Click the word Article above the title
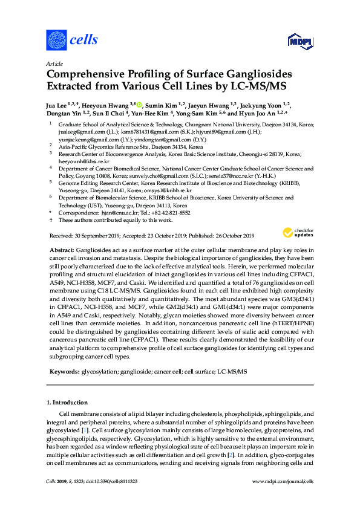click(54, 63)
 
